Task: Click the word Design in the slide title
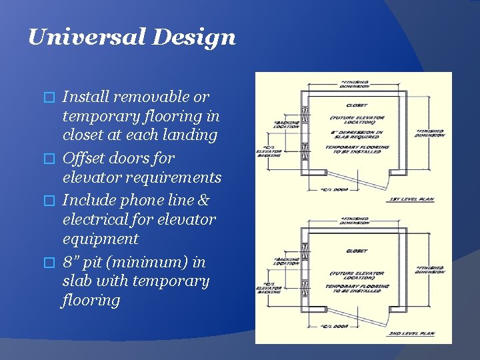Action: point(194,37)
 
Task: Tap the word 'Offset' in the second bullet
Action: point(85,158)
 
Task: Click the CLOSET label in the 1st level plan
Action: point(357,105)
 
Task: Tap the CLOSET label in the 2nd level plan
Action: point(357,251)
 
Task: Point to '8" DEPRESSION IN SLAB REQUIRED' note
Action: point(357,135)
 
